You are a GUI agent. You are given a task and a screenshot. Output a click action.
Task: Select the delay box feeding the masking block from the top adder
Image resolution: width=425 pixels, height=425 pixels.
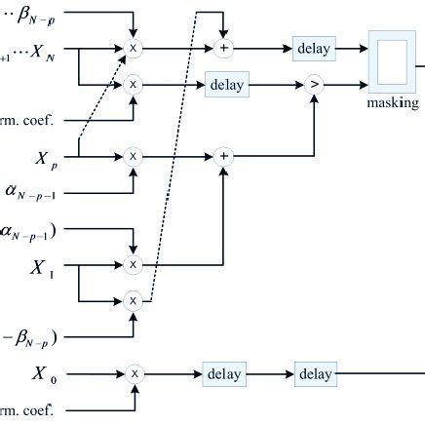314,48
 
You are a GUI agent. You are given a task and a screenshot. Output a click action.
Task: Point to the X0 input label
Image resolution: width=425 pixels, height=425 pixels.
42,371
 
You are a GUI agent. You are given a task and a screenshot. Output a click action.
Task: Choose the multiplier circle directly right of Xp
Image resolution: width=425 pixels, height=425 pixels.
134,155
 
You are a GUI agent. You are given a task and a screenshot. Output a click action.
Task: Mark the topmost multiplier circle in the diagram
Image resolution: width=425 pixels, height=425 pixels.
134,48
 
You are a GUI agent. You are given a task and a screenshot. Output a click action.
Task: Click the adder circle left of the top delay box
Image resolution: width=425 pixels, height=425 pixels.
225,48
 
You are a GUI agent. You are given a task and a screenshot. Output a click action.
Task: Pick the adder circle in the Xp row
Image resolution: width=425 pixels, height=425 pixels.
225,155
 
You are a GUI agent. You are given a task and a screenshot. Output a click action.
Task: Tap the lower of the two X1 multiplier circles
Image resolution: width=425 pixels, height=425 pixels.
134,300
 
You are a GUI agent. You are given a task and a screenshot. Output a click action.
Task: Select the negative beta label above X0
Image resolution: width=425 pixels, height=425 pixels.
31,338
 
